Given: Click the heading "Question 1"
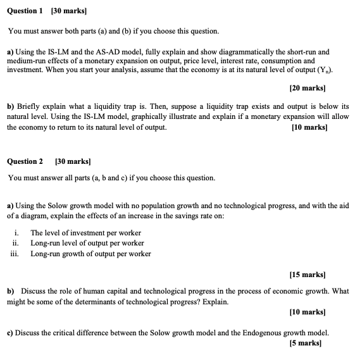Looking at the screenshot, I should click(x=25, y=11).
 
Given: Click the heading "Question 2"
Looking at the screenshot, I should click(x=25, y=161).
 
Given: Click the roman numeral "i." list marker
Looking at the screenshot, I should click(x=17, y=233).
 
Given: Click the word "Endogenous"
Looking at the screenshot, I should click(x=268, y=332).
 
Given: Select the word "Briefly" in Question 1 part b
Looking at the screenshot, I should click(x=28, y=107).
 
